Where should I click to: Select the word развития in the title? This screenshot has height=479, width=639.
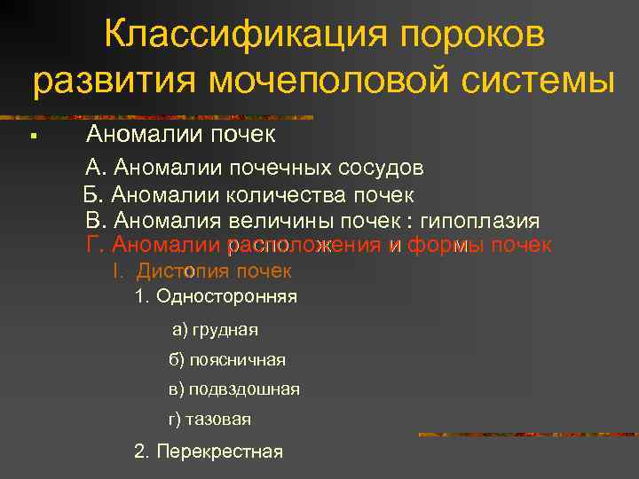[x=114, y=83]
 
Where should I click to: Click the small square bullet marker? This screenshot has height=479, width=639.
[x=31, y=137]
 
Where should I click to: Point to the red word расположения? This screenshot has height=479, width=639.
[x=305, y=245]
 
